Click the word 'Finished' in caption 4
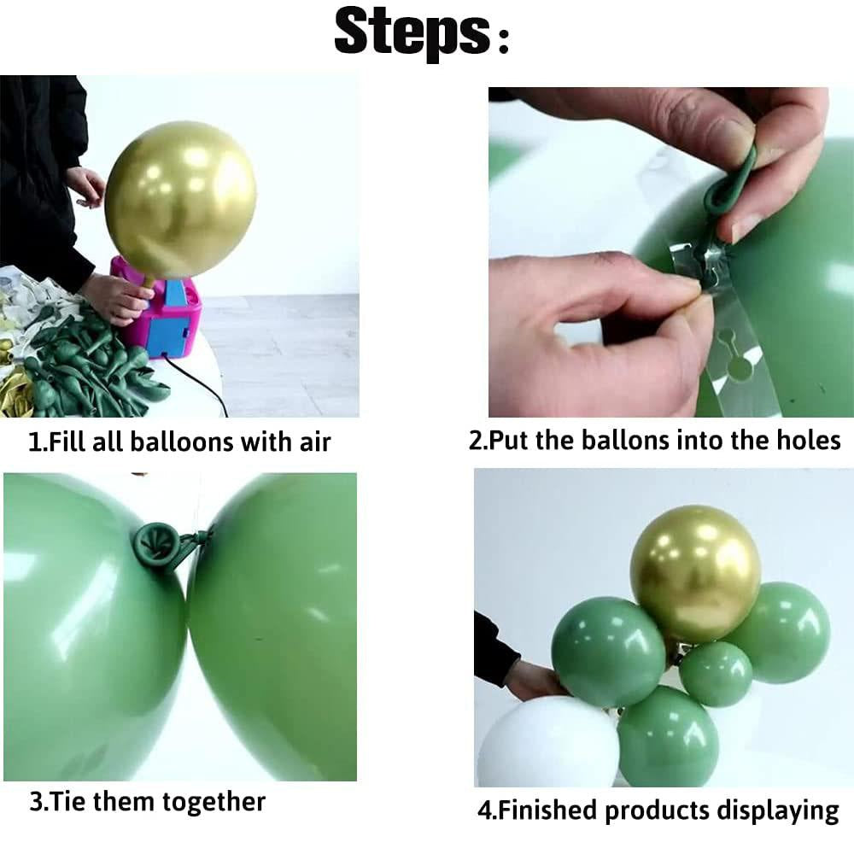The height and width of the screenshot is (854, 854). (x=548, y=809)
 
